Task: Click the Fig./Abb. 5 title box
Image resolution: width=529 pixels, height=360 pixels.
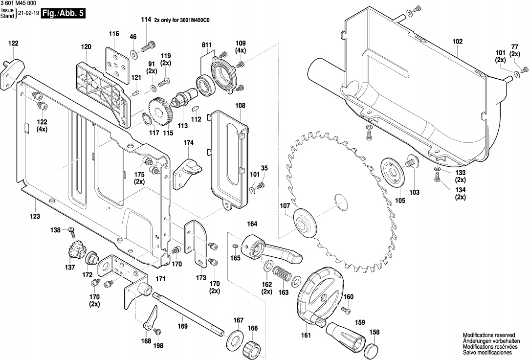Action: (x=64, y=13)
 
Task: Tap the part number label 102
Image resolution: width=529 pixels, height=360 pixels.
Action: (x=457, y=42)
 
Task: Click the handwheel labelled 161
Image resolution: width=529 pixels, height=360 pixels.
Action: (x=320, y=294)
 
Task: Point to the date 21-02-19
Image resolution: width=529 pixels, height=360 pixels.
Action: (x=28, y=14)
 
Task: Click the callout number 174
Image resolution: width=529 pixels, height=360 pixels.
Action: (x=188, y=143)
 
